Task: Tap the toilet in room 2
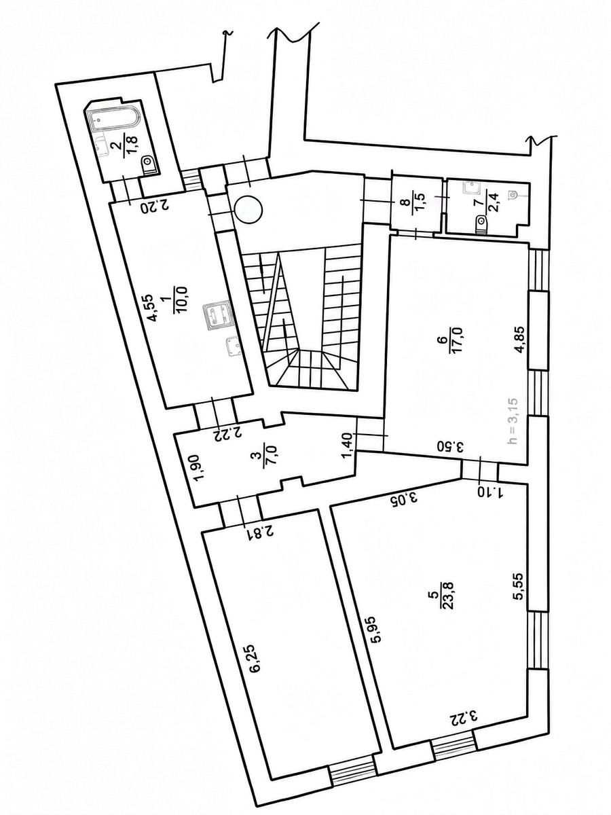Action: (150, 164)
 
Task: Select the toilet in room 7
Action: (481, 224)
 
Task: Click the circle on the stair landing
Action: (248, 209)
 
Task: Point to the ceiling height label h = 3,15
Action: (513, 421)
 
